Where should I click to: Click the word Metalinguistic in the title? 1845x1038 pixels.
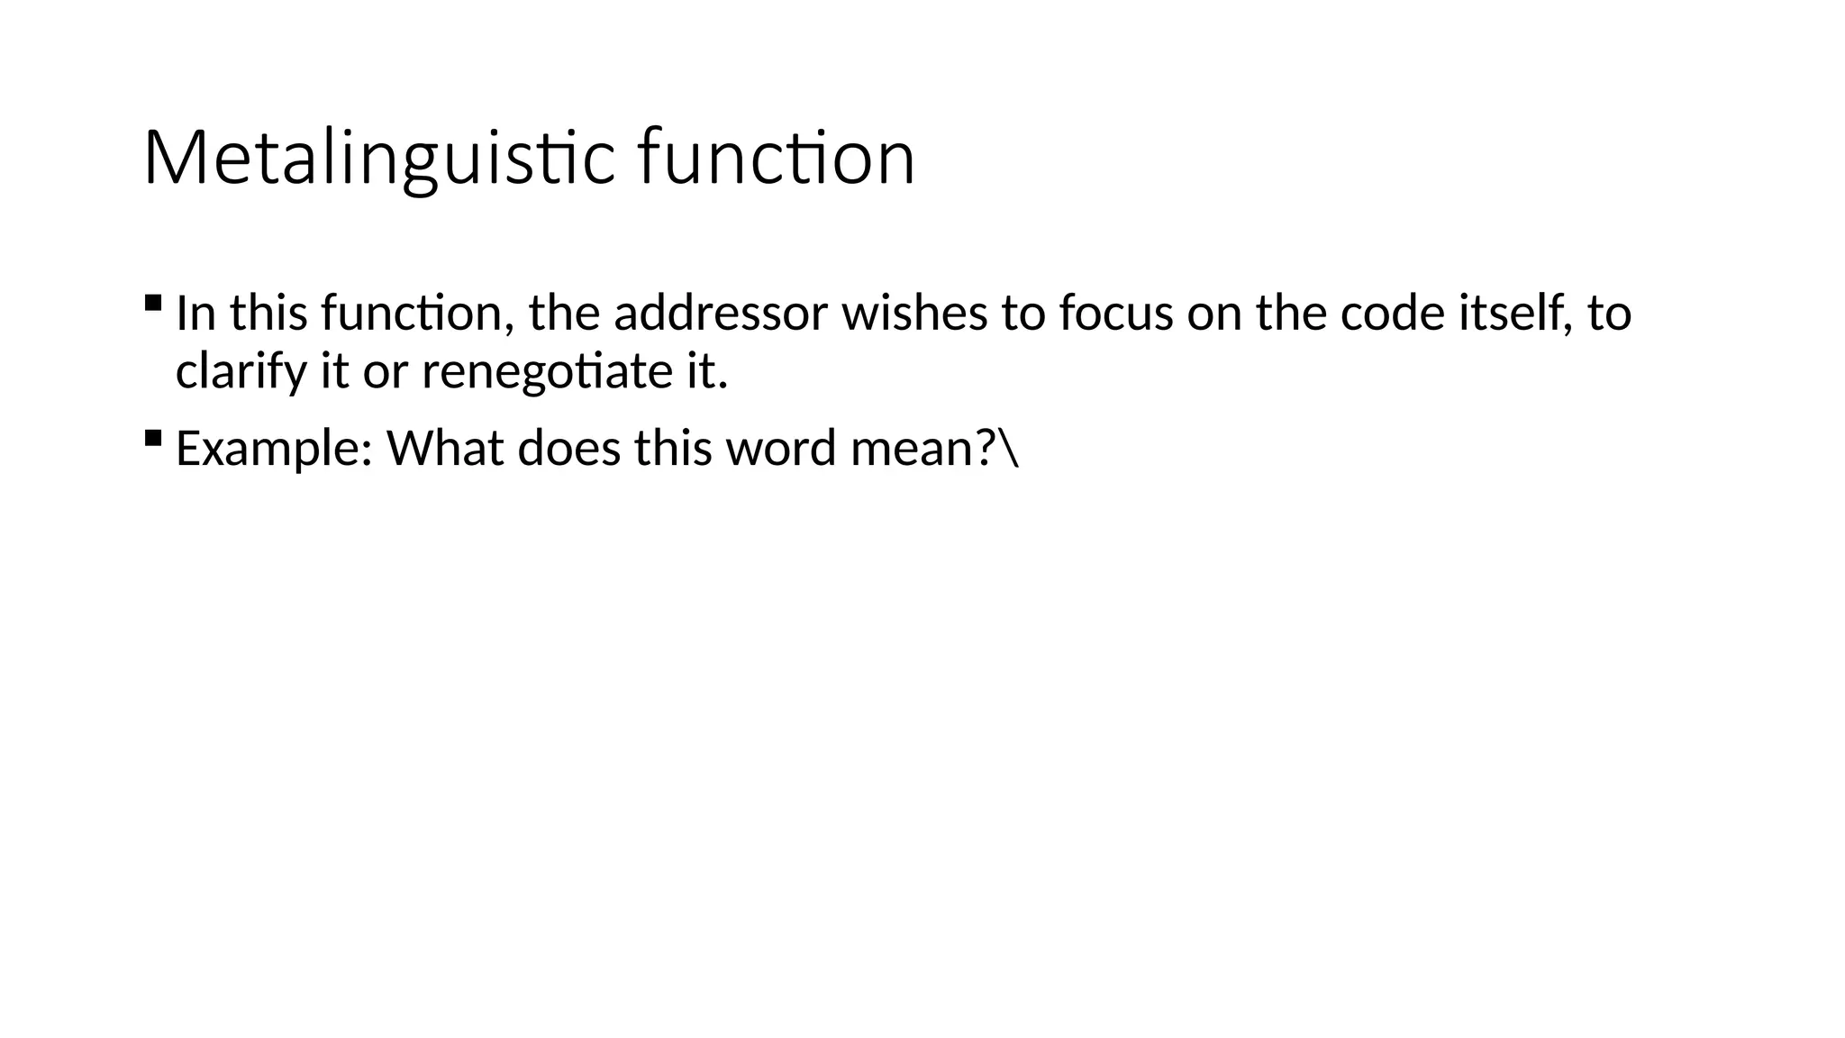coord(378,159)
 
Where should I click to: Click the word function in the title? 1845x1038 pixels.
coord(776,159)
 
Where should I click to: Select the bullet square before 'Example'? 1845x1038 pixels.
coord(152,438)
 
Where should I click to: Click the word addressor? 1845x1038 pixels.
coord(721,314)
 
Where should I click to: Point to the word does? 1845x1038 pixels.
coord(568,449)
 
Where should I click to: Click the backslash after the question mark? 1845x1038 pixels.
coord(1010,449)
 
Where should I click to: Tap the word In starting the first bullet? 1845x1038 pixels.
coord(195,314)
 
